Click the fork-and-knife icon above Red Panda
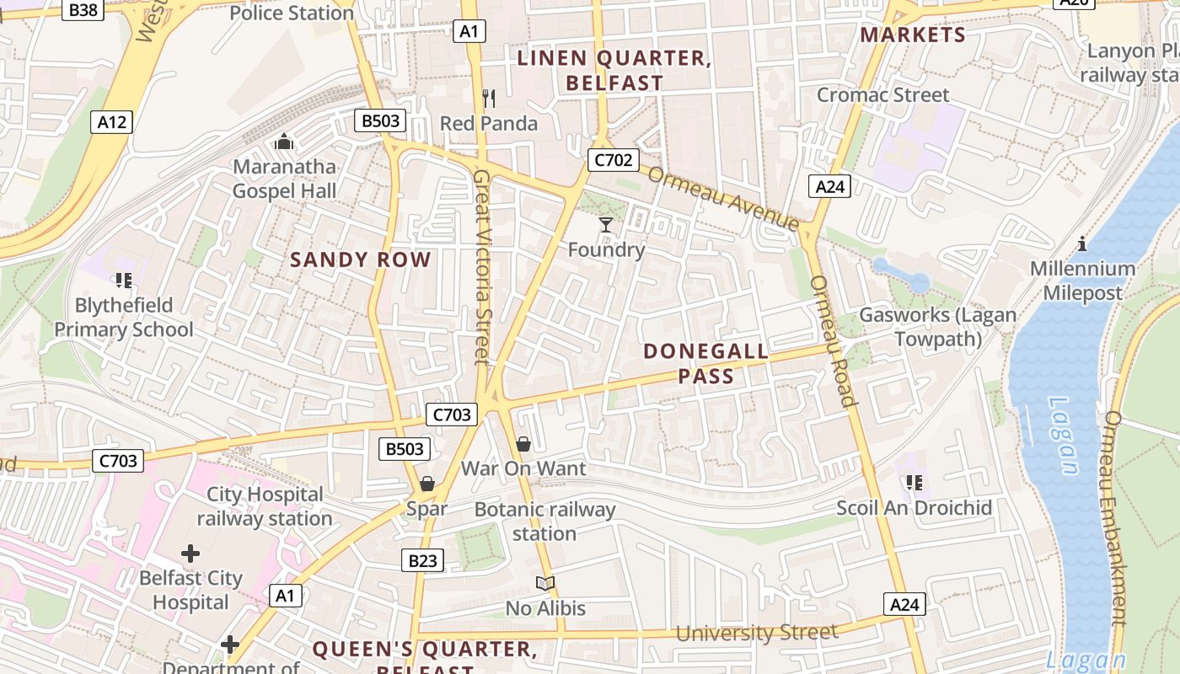click(488, 99)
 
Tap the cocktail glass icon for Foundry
click(606, 224)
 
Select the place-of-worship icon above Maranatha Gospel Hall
click(284, 141)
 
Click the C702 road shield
click(614, 160)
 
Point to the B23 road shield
click(422, 560)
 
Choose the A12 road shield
click(111, 122)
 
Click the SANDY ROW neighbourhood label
click(361, 259)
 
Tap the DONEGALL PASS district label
click(706, 363)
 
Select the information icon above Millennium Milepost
click(1083, 244)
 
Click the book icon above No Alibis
click(545, 583)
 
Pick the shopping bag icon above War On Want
click(523, 443)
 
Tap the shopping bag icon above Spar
click(427, 484)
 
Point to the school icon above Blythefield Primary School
click(124, 280)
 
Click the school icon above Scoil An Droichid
click(914, 483)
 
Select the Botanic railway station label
click(544, 522)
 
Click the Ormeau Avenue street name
click(723, 197)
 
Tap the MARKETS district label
click(913, 35)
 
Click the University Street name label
click(757, 633)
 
